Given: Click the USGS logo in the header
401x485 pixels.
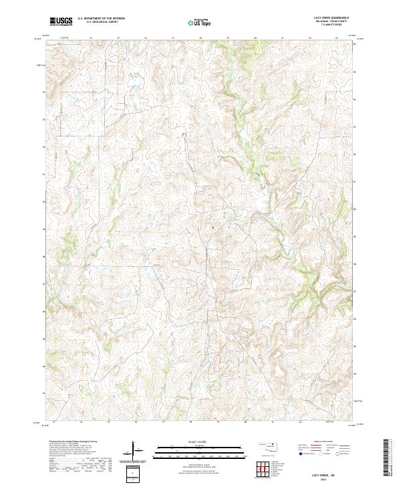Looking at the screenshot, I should point(61,21).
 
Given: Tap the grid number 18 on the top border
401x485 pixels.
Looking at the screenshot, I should point(200,38).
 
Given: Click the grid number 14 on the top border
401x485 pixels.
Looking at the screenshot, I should point(90,38).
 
